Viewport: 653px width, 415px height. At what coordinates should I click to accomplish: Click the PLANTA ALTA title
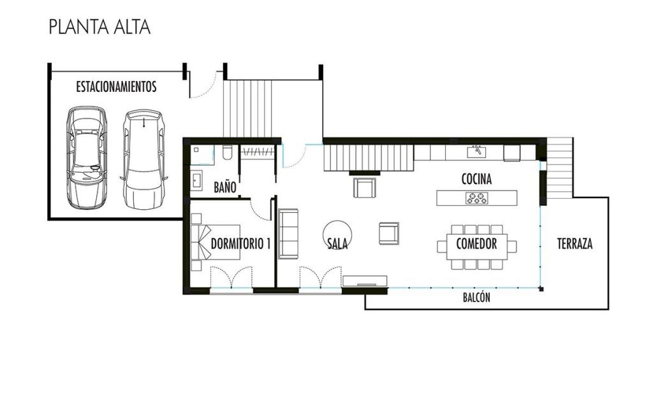[99, 27]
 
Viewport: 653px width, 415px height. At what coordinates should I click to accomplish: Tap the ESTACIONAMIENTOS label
[116, 87]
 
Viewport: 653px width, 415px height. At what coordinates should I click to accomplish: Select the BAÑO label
[225, 187]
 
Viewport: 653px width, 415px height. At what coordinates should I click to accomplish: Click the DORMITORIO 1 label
[240, 244]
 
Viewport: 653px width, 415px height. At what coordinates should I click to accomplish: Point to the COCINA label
[476, 179]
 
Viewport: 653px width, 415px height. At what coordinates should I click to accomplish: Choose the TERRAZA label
[575, 244]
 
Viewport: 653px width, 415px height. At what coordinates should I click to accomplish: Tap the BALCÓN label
[476, 298]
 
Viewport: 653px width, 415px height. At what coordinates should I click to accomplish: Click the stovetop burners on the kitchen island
[476, 198]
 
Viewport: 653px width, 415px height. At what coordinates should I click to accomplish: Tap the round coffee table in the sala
[337, 235]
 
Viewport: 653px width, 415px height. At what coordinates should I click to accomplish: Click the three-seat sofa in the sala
[289, 233]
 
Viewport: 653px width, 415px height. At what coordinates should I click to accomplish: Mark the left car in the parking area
[87, 157]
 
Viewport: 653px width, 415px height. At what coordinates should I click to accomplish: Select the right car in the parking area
[143, 158]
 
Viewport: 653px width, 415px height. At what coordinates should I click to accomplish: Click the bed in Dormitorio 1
[216, 242]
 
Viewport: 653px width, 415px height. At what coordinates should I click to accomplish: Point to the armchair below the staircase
[365, 187]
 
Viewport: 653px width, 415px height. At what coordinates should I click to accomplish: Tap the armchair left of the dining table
[389, 233]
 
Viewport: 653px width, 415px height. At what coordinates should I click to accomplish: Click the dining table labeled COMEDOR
[477, 247]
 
